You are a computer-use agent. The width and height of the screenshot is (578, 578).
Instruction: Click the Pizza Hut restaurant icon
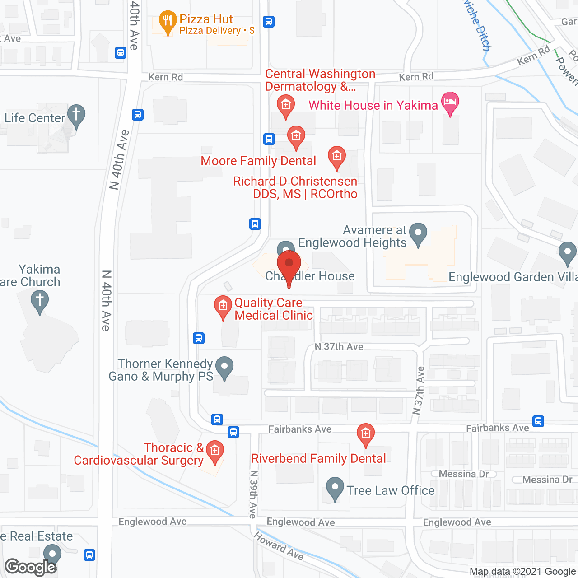tap(168, 21)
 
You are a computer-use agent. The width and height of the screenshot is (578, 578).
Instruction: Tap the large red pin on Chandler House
tap(289, 264)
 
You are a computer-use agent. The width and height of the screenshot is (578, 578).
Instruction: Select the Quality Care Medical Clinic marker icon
tap(223, 306)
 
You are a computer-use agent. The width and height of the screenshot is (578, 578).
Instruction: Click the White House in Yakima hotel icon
tap(450, 102)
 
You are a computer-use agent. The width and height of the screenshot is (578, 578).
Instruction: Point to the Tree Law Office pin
tap(335, 488)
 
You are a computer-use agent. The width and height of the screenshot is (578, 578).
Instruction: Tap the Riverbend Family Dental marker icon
tap(365, 434)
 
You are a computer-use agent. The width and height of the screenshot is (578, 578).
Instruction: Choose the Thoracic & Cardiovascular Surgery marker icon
tap(215, 451)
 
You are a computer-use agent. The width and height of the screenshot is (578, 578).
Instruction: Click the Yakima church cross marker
tap(40, 301)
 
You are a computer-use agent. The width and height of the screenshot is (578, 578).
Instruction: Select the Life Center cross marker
tap(76, 115)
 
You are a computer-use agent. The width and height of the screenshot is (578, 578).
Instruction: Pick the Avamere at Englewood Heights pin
tap(418, 233)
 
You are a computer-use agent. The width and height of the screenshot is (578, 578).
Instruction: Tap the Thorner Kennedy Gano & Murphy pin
tap(224, 367)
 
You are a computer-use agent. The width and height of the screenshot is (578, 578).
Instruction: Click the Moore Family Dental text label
tap(258, 161)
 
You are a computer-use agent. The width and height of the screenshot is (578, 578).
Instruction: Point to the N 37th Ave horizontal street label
tap(339, 347)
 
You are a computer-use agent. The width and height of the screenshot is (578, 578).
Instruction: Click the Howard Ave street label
tap(278, 546)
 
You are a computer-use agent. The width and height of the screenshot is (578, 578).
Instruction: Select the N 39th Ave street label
tap(253, 494)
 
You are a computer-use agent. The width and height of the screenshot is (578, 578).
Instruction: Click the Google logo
tap(31, 567)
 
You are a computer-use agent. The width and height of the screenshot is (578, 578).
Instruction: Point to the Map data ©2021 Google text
tap(523, 572)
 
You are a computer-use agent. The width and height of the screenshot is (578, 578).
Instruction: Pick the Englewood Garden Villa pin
tap(567, 253)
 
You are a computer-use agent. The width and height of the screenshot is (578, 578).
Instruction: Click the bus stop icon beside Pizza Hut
tap(269, 22)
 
